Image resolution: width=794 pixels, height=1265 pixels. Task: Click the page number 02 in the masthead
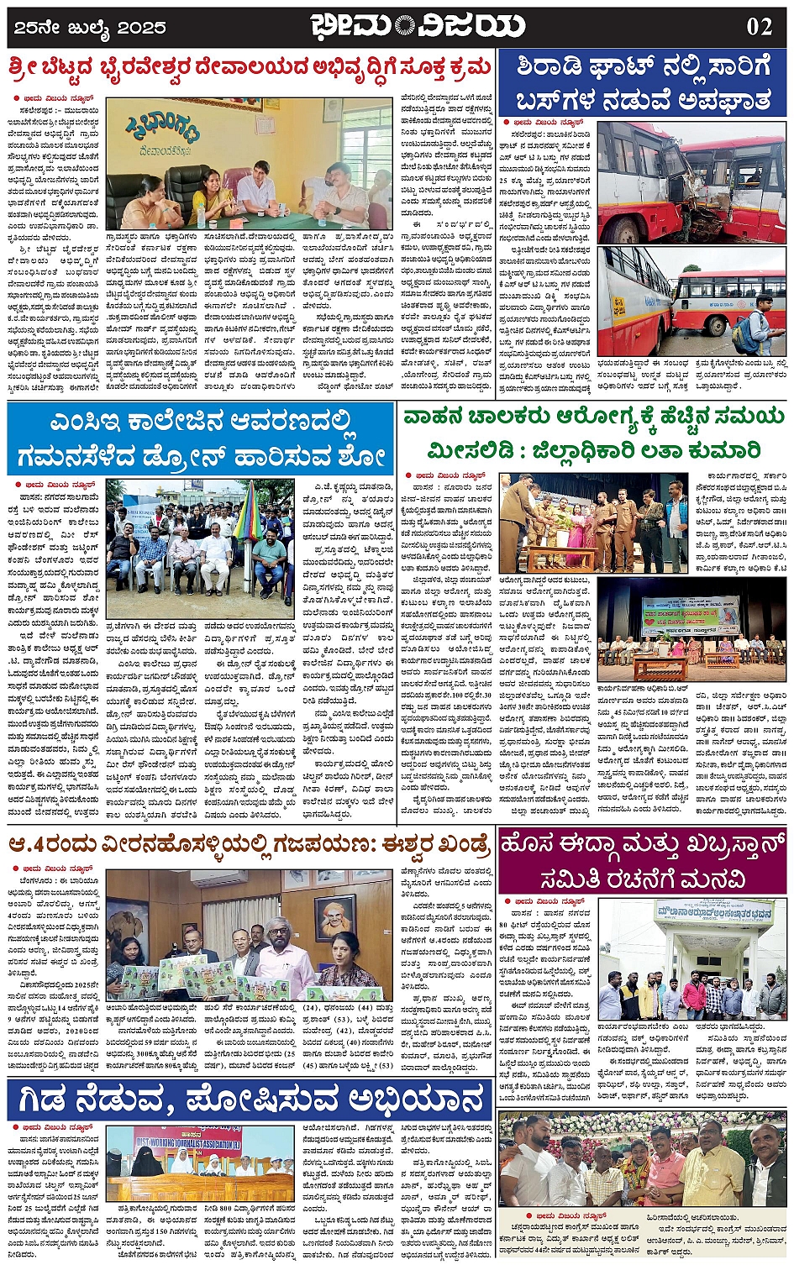(759, 26)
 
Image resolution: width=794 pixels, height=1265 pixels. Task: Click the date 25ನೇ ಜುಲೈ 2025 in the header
(88, 27)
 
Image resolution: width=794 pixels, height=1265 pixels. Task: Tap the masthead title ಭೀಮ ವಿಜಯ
(418, 26)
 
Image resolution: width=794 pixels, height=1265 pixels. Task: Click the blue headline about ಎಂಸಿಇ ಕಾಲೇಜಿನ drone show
(202, 439)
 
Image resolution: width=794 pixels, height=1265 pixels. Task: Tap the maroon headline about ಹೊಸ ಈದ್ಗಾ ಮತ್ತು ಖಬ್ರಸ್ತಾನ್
(643, 861)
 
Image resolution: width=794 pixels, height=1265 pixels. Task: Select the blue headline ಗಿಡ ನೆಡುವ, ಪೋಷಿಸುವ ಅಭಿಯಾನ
(249, 1100)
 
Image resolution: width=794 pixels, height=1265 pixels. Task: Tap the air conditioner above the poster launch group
(213, 882)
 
